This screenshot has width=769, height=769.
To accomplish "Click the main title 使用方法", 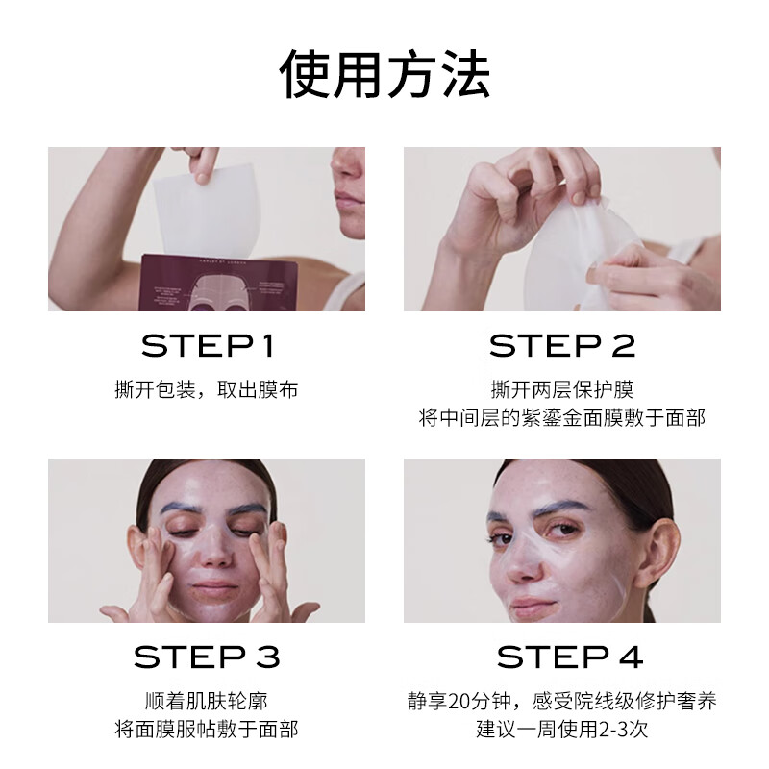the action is [x=384, y=75].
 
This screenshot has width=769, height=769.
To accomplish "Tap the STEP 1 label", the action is [x=207, y=346].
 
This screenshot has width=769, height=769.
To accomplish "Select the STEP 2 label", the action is [x=562, y=346].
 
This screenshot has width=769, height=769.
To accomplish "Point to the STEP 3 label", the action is [x=207, y=657].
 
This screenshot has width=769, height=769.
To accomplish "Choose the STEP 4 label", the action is [x=569, y=657].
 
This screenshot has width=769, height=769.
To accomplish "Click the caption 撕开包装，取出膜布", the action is [x=207, y=390].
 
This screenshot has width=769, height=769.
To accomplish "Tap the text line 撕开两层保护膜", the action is [x=562, y=390].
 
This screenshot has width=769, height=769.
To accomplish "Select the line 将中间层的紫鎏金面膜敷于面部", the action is [x=562, y=418].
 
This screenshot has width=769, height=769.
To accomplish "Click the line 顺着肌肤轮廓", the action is [x=207, y=701].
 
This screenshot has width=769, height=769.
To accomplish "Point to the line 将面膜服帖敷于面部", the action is [x=207, y=730].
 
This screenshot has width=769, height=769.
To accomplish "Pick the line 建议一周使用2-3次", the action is [x=562, y=730].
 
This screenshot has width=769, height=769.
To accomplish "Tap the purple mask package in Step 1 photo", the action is [x=218, y=283].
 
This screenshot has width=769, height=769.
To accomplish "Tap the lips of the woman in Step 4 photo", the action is [x=534, y=605].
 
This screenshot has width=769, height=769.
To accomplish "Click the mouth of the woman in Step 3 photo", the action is [x=214, y=587].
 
